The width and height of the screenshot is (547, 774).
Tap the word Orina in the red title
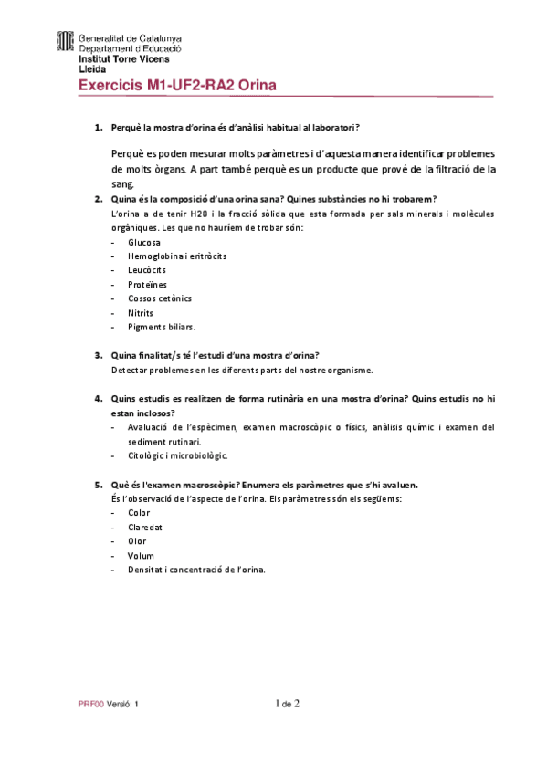pyautogui.click(x=257, y=86)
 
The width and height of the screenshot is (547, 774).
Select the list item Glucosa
pyautogui.click(x=144, y=243)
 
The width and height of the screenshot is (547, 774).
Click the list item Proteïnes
pyautogui.click(x=148, y=284)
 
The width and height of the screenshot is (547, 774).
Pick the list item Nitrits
pyautogui.click(x=141, y=312)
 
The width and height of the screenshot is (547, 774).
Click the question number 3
pyautogui.click(x=99, y=355)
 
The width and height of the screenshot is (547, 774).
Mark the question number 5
pyautogui.click(x=99, y=485)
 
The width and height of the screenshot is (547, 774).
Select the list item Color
pyautogui.click(x=139, y=513)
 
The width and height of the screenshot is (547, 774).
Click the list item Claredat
pyautogui.click(x=145, y=527)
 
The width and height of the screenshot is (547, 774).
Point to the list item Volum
pyautogui.click(x=141, y=555)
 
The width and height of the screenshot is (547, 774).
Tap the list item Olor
pyautogui.click(x=137, y=541)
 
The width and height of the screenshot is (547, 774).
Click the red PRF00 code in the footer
pyautogui.click(x=90, y=706)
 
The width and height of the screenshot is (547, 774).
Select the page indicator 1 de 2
pyautogui.click(x=288, y=704)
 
